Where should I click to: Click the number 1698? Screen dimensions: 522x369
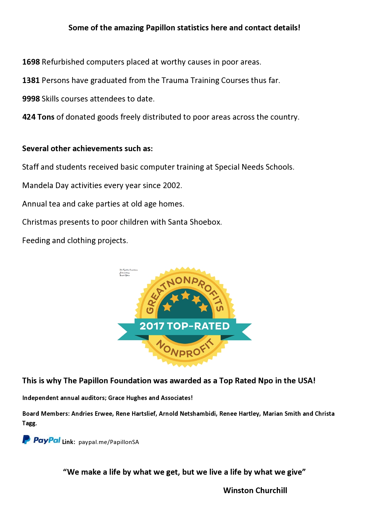tap(31, 62)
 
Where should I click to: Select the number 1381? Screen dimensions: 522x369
tap(31, 80)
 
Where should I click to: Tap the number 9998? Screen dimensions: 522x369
tap(31, 99)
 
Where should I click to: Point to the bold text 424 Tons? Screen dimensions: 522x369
tap(38, 117)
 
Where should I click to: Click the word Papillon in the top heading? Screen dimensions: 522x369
tap(160, 28)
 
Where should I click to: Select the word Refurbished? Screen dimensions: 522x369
tap(62, 62)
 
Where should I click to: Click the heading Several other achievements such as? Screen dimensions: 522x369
tap(87, 149)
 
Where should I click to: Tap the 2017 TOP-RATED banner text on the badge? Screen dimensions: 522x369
tap(185, 326)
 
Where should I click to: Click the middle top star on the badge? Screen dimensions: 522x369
tap(185, 295)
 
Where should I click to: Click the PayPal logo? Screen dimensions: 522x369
tap(41, 440)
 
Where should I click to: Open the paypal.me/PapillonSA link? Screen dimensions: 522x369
tap(109, 442)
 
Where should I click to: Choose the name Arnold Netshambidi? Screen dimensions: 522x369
tap(187, 414)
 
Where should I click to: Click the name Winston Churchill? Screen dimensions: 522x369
tap(255, 490)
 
